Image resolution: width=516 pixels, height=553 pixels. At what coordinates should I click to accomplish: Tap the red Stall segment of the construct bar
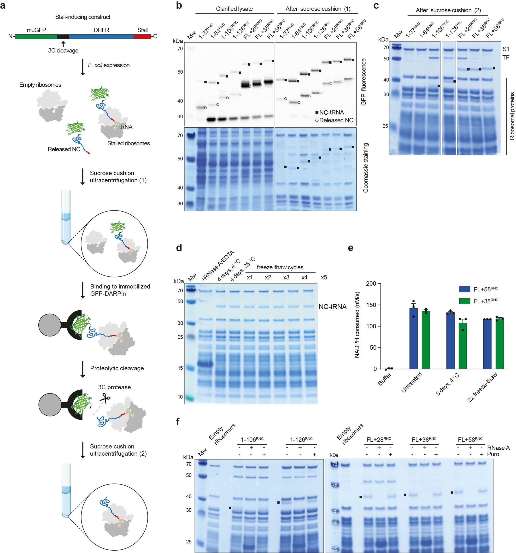coord(142,37)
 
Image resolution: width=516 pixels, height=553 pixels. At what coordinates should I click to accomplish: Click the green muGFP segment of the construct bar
coord(36,37)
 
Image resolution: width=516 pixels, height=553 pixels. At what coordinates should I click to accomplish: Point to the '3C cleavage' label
coord(63,51)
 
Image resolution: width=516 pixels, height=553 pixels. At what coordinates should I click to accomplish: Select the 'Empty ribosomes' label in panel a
coord(40,85)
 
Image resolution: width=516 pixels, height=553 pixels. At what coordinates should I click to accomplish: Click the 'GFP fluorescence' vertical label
coord(363,82)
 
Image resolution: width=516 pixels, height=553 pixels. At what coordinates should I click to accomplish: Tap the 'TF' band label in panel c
coord(506,58)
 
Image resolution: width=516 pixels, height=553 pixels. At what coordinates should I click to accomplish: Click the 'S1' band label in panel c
coord(506,49)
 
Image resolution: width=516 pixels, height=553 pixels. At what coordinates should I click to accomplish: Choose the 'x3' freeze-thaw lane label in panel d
coord(286,277)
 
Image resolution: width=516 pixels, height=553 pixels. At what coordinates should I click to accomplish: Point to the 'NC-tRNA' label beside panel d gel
coord(332,307)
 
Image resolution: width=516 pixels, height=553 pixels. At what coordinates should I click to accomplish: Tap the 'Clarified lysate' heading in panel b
coord(234,9)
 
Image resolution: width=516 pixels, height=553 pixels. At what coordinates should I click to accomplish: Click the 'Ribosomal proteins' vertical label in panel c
coord(512,116)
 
